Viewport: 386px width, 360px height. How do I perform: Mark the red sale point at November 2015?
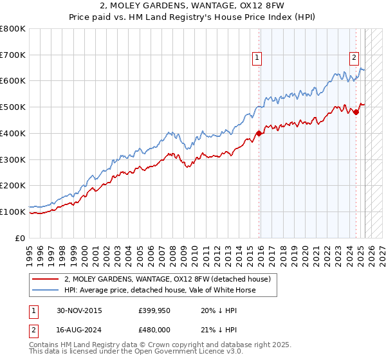[x=259, y=134]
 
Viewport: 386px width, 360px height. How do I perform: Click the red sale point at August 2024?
[x=356, y=113]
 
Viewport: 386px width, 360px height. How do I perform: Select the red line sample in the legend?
[x=46, y=279]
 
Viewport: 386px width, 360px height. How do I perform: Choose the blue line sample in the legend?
[x=46, y=290]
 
